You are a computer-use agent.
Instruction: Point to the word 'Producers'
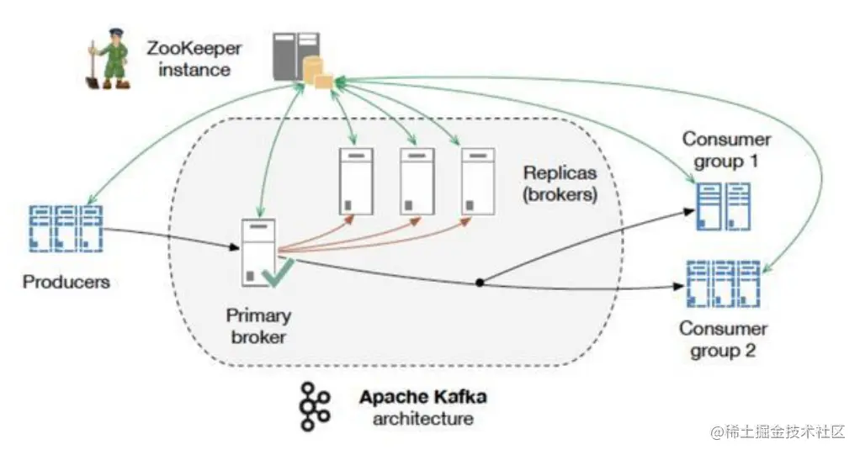[66, 281]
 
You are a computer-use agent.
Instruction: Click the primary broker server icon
[257, 252]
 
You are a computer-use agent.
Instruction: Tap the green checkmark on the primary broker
[277, 272]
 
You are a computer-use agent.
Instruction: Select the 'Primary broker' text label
[258, 326]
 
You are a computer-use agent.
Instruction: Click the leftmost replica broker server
[355, 180]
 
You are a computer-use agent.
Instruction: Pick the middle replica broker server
[417, 180]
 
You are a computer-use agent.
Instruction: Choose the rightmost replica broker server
[477, 180]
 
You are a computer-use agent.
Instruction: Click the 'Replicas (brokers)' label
[560, 183]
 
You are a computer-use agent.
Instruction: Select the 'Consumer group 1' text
[726, 149]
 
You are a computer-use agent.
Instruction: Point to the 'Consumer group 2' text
[724, 339]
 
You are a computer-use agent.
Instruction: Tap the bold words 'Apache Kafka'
[422, 396]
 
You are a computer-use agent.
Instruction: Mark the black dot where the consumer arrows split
[480, 283]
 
